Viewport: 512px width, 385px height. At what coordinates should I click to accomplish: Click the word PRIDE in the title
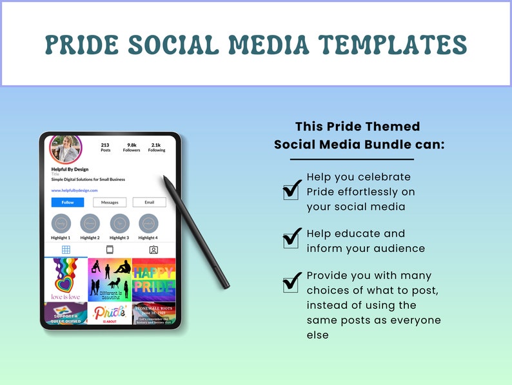tap(82, 45)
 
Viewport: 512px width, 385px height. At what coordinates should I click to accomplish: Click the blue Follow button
tap(68, 202)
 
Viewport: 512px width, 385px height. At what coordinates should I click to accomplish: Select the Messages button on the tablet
tap(110, 202)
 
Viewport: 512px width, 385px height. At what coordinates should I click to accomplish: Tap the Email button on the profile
tap(149, 202)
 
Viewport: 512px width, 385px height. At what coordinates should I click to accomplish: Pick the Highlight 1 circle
tap(61, 223)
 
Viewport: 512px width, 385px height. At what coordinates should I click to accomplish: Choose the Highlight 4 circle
tap(148, 223)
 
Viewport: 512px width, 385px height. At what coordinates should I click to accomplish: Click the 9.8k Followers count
tap(132, 147)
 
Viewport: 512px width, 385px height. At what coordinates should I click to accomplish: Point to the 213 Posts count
tap(105, 147)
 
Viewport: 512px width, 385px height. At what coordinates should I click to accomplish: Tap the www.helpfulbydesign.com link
tap(74, 191)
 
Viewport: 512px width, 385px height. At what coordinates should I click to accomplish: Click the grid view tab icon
tap(66, 249)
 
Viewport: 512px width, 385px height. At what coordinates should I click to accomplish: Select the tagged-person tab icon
tap(153, 249)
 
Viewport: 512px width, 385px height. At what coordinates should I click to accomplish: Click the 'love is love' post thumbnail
tap(65, 279)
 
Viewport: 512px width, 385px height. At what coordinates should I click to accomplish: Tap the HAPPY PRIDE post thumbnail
tap(153, 279)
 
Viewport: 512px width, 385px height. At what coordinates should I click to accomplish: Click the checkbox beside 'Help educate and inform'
tap(292, 238)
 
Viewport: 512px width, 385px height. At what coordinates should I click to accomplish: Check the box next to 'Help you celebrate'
tap(292, 189)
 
